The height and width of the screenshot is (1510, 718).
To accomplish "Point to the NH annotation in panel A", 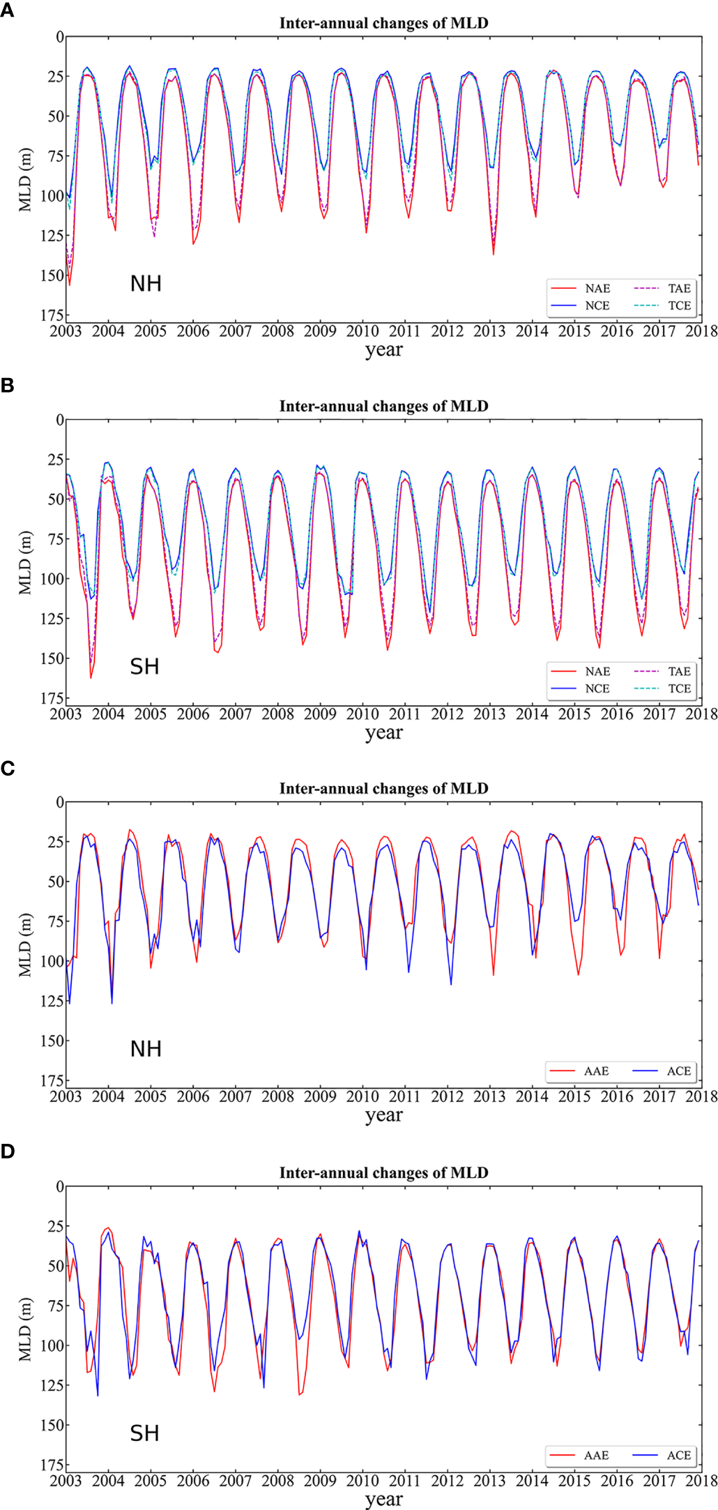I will coord(146,284).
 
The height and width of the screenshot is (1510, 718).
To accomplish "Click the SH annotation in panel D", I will coord(144,1433).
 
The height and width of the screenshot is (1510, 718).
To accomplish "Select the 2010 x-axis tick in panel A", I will coord(362,331).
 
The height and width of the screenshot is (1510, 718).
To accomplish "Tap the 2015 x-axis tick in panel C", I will coord(574,1096).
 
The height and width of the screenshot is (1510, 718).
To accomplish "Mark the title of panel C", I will coord(383,789).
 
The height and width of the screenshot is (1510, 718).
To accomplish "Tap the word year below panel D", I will coord(383,1500).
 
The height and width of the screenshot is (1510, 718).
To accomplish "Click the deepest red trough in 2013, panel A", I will coord(494,254).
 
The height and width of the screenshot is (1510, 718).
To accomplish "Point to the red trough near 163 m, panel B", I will coord(91,677).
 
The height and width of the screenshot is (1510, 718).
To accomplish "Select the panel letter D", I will coord(7,1152).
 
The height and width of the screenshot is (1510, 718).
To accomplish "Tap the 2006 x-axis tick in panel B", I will coord(193,714).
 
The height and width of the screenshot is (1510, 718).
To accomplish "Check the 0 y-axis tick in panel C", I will coord(59,803).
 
